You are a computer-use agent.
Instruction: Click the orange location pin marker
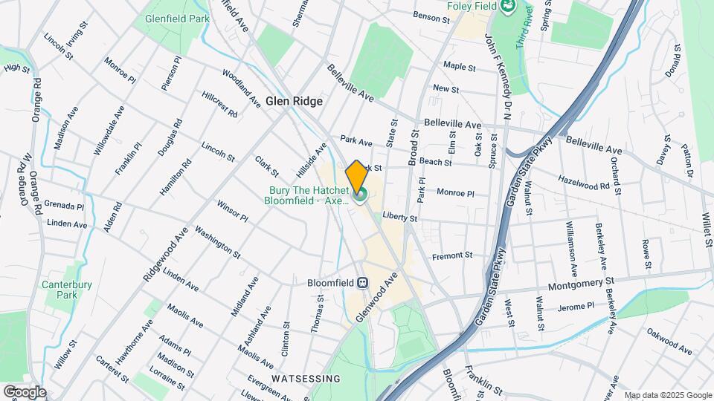[x=356, y=176]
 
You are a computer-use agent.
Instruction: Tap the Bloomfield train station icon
[x=363, y=283]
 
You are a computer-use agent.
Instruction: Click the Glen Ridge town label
[x=294, y=101]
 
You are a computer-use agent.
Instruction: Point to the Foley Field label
[x=471, y=6]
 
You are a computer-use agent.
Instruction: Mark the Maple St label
[x=459, y=67]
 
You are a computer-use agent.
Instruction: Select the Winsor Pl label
[x=232, y=210]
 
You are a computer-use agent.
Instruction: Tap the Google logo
[x=24, y=392]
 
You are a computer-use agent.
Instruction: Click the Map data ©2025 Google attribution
[x=667, y=395]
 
